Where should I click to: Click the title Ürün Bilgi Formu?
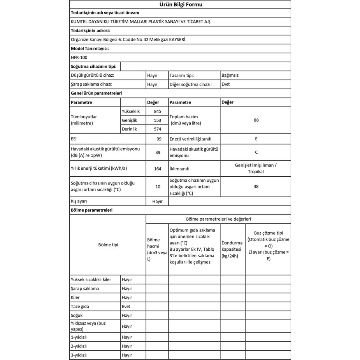[x=181, y=5]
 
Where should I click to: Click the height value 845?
[x=157, y=112]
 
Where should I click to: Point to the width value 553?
[x=157, y=121]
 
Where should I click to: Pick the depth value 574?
[x=157, y=129]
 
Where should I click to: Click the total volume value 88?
[x=256, y=120]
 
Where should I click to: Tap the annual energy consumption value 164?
[x=158, y=169]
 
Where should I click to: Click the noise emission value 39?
[x=158, y=153]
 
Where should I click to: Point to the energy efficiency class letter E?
[x=256, y=139]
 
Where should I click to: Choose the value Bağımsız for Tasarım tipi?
[x=230, y=75]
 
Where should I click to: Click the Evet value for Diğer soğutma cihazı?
[x=225, y=84]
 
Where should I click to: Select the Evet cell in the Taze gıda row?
[x=126, y=306]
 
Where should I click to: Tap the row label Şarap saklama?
[x=85, y=288]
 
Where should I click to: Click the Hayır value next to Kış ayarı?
[x=157, y=202]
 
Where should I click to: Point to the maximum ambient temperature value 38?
[x=256, y=186]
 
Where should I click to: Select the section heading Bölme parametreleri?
[x=91, y=210]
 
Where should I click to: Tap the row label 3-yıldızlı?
[x=79, y=355]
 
